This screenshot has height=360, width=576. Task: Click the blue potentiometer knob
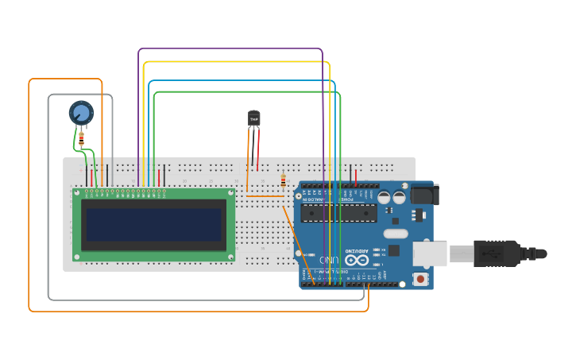[x=81, y=113]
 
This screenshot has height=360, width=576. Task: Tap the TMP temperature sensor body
[x=254, y=118]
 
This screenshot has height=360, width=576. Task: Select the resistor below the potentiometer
[x=81, y=139]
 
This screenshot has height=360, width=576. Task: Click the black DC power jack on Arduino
[x=424, y=195]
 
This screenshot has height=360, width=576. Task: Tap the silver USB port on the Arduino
[x=430, y=254]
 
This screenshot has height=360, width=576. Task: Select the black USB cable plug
[x=497, y=254]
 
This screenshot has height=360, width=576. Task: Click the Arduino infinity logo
[x=357, y=260]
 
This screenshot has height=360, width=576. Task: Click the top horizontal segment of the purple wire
[x=230, y=48]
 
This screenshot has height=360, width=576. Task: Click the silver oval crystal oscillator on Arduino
[x=395, y=234]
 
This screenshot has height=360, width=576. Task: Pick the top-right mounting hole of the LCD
[x=231, y=192]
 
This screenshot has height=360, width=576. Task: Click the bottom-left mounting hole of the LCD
[x=77, y=257]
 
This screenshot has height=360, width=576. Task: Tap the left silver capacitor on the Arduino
[x=385, y=197]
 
